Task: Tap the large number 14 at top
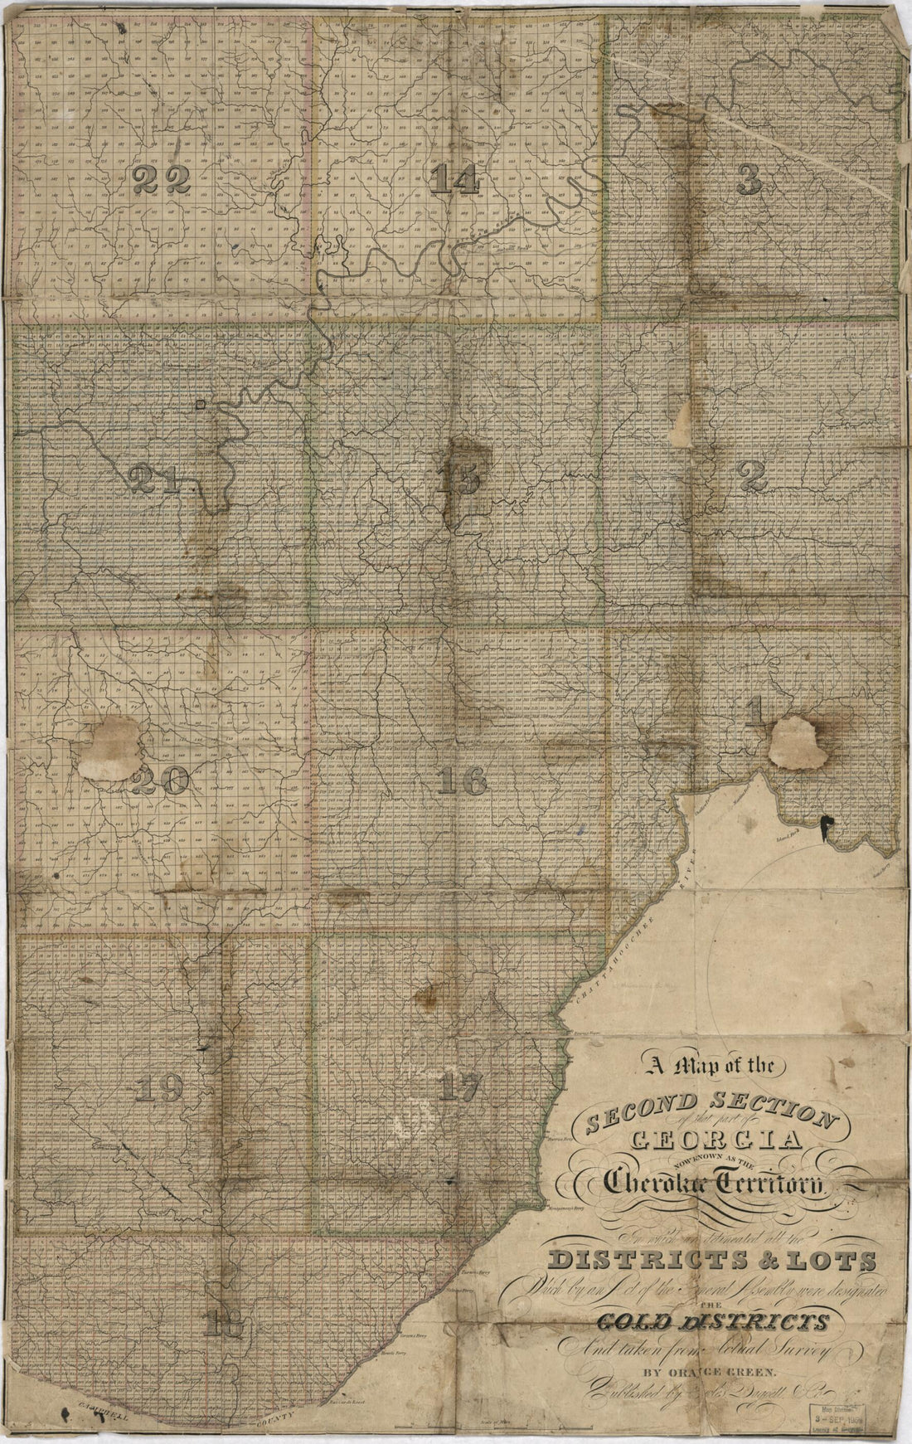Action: pyautogui.click(x=455, y=179)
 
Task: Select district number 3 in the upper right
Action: pyautogui.click(x=749, y=179)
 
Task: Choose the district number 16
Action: pyautogui.click(x=462, y=780)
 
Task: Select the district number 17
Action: pyautogui.click(x=458, y=1087)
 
